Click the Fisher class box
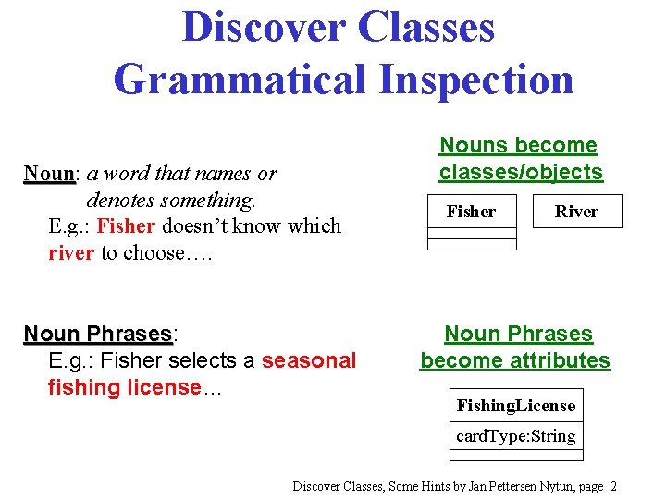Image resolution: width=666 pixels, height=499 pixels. click(471, 212)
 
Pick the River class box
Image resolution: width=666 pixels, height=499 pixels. click(576, 212)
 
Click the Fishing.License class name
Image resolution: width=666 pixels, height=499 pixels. click(516, 406)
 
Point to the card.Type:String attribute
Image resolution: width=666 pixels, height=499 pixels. click(516, 436)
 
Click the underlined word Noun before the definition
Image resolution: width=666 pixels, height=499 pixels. click(49, 174)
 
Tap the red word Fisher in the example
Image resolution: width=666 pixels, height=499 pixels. click(129, 226)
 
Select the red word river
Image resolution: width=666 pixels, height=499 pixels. click(71, 253)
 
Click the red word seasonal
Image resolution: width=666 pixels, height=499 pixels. click(309, 360)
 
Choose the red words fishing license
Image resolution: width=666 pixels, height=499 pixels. click(124, 387)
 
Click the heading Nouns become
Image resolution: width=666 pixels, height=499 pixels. click(518, 145)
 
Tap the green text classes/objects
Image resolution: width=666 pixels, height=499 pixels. click(521, 172)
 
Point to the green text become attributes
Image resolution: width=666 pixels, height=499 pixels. click(516, 360)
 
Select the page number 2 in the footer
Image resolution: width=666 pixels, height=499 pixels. click(613, 486)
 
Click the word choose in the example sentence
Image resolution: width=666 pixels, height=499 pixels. click(158, 253)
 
